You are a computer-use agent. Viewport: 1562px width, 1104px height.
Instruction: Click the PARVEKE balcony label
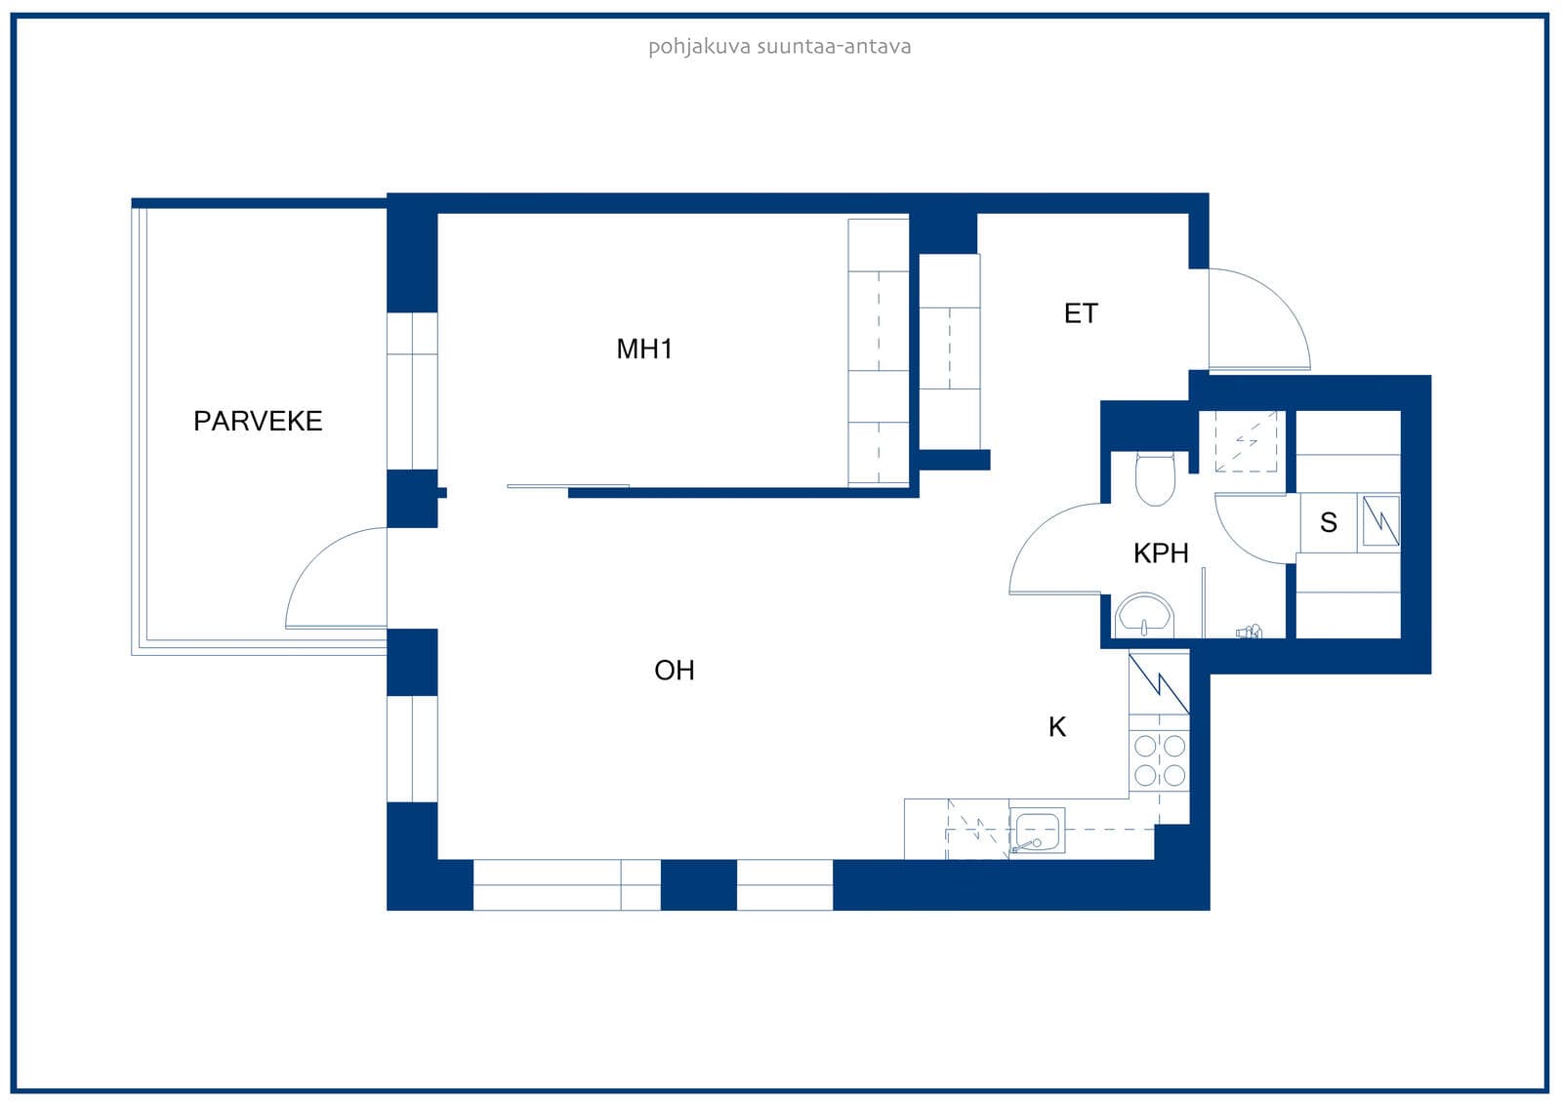point(258,422)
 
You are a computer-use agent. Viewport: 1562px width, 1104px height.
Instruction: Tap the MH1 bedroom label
point(644,349)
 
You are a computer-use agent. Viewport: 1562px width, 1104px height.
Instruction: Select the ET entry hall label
point(1081,314)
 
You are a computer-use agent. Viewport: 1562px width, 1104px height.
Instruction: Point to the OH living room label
point(675,671)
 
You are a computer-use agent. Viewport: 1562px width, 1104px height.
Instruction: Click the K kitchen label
point(1057,727)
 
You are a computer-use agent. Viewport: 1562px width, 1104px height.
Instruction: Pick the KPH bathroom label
point(1161,553)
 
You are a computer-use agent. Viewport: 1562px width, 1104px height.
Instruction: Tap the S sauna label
point(1329,522)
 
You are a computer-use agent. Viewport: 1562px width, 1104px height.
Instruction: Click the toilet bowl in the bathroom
point(1156,479)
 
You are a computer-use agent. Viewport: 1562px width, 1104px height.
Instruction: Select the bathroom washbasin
point(1144,616)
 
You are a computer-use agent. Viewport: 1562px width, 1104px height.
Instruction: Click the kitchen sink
point(1037,831)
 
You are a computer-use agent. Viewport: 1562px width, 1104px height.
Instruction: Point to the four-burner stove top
point(1159,760)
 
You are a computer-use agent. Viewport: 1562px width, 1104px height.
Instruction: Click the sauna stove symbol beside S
point(1381,520)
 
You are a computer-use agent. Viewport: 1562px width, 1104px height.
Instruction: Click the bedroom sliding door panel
point(567,486)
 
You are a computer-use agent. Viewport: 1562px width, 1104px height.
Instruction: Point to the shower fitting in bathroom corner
point(1249,632)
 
